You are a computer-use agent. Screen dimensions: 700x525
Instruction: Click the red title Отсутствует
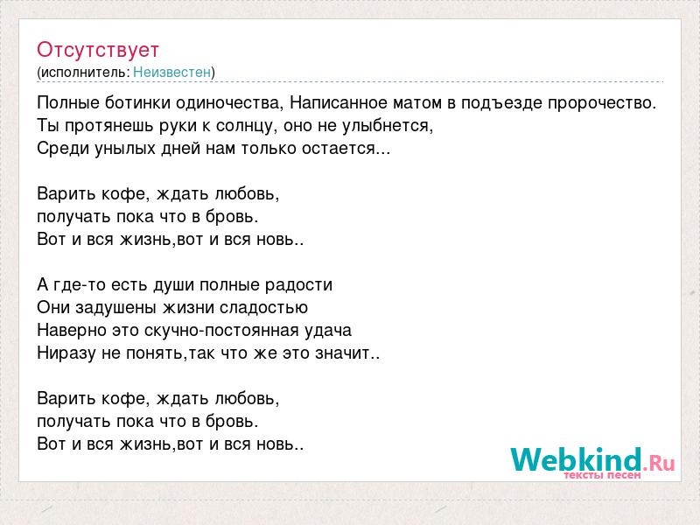pyautogui.click(x=98, y=50)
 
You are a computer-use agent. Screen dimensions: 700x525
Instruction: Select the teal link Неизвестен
pyautogui.click(x=171, y=72)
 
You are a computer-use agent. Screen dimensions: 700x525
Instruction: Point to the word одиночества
pyautogui.click(x=229, y=103)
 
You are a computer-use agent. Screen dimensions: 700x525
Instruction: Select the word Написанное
pyautogui.click(x=339, y=102)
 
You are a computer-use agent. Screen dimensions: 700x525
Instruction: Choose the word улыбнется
pyautogui.click(x=388, y=126)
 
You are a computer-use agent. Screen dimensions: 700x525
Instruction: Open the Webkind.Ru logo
pyautogui.click(x=592, y=461)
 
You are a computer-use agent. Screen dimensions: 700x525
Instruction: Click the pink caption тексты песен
pyautogui.click(x=602, y=475)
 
